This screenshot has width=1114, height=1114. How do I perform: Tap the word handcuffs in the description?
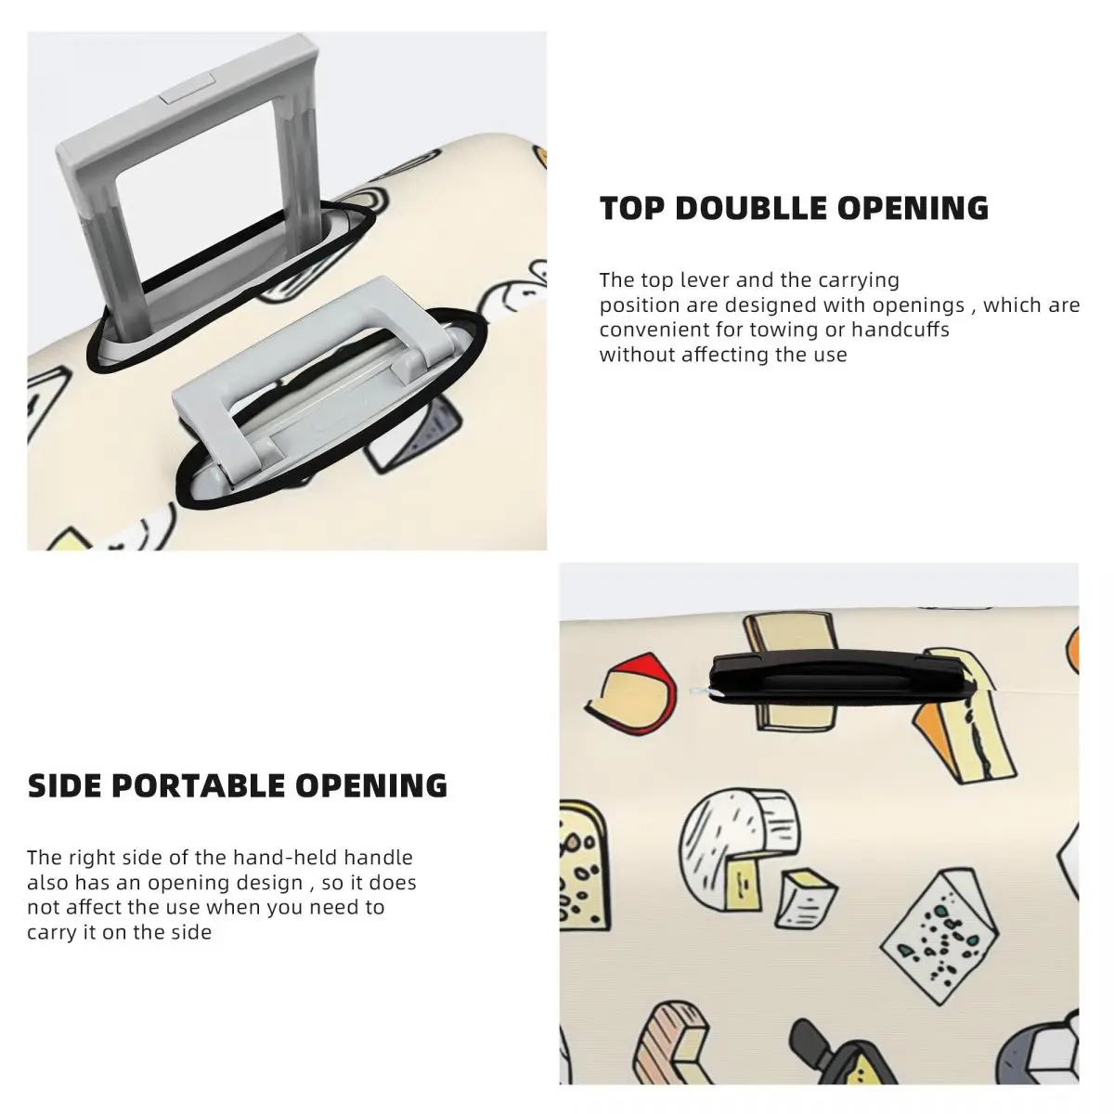pyautogui.click(x=900, y=330)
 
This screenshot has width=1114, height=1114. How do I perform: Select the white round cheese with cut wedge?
pyautogui.click(x=738, y=849)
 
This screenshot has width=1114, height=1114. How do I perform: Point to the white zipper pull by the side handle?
pyautogui.click(x=702, y=692)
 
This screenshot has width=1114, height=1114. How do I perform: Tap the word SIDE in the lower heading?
pyautogui.click(x=64, y=785)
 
